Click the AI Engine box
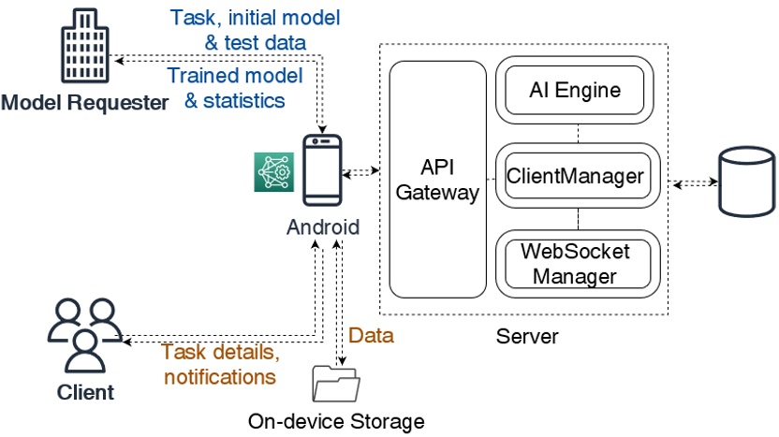tap(575, 92)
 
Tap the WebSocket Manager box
tap(575, 263)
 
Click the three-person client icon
tap(85, 334)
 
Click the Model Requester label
tap(84, 102)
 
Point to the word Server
tap(528, 335)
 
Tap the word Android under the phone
tap(323, 226)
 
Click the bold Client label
tap(86, 391)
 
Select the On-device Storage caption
tap(336, 421)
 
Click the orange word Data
tap(371, 335)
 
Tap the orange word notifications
tap(220, 377)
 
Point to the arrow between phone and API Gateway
tap(360, 172)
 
